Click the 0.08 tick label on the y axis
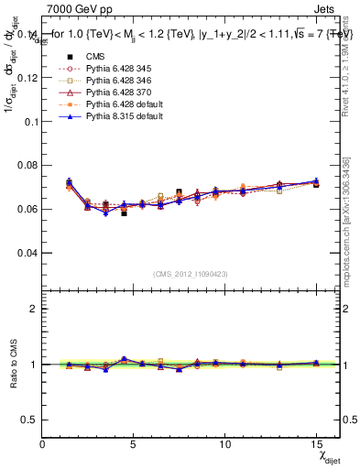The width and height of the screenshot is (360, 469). pyautogui.click(x=27, y=165)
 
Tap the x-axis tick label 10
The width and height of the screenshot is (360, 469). pyautogui.click(x=224, y=444)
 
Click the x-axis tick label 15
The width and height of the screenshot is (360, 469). pyautogui.click(x=315, y=444)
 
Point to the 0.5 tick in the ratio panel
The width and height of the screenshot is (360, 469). pyautogui.click(x=30, y=420)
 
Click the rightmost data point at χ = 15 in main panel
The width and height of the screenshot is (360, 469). pyautogui.click(x=316, y=182)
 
